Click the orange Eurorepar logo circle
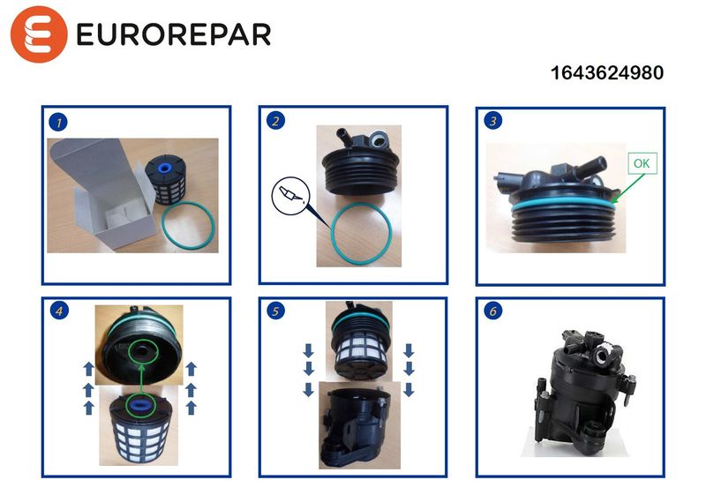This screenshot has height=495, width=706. (x=39, y=34)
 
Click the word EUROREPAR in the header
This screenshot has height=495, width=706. (x=174, y=34)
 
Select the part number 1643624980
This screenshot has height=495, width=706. (x=607, y=73)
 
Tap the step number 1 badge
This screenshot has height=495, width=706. (x=58, y=122)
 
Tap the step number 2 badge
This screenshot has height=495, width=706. (x=275, y=121)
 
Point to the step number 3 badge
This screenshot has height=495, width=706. (x=492, y=121)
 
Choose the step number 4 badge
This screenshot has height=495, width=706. (x=59, y=311)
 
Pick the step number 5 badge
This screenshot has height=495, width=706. (x=275, y=311)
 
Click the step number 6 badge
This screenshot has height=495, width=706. (x=492, y=311)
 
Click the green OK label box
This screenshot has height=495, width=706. (x=642, y=163)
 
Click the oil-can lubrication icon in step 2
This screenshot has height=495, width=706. (x=291, y=196)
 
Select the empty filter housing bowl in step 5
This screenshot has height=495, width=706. (x=356, y=425)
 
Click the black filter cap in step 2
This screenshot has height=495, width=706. (x=359, y=161)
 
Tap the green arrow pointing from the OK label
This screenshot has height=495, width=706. (x=628, y=188)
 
